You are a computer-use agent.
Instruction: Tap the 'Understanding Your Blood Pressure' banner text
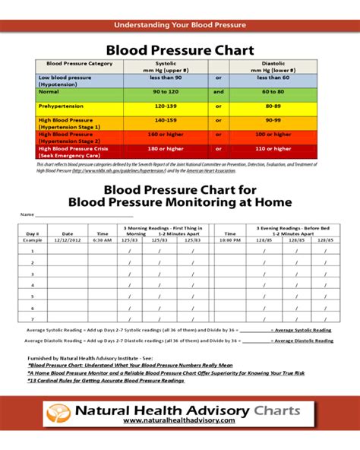[180, 25]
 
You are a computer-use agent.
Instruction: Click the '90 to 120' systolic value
[165, 91]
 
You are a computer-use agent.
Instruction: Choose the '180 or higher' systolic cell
[165, 148]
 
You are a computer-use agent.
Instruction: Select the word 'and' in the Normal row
[219, 91]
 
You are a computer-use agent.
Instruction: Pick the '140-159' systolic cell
[165, 120]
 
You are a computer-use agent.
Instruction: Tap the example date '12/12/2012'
[67, 240]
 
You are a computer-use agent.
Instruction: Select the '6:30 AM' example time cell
[103, 240]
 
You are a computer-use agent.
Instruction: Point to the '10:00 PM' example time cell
[231, 240]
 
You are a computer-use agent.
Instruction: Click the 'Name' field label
[27, 215]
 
